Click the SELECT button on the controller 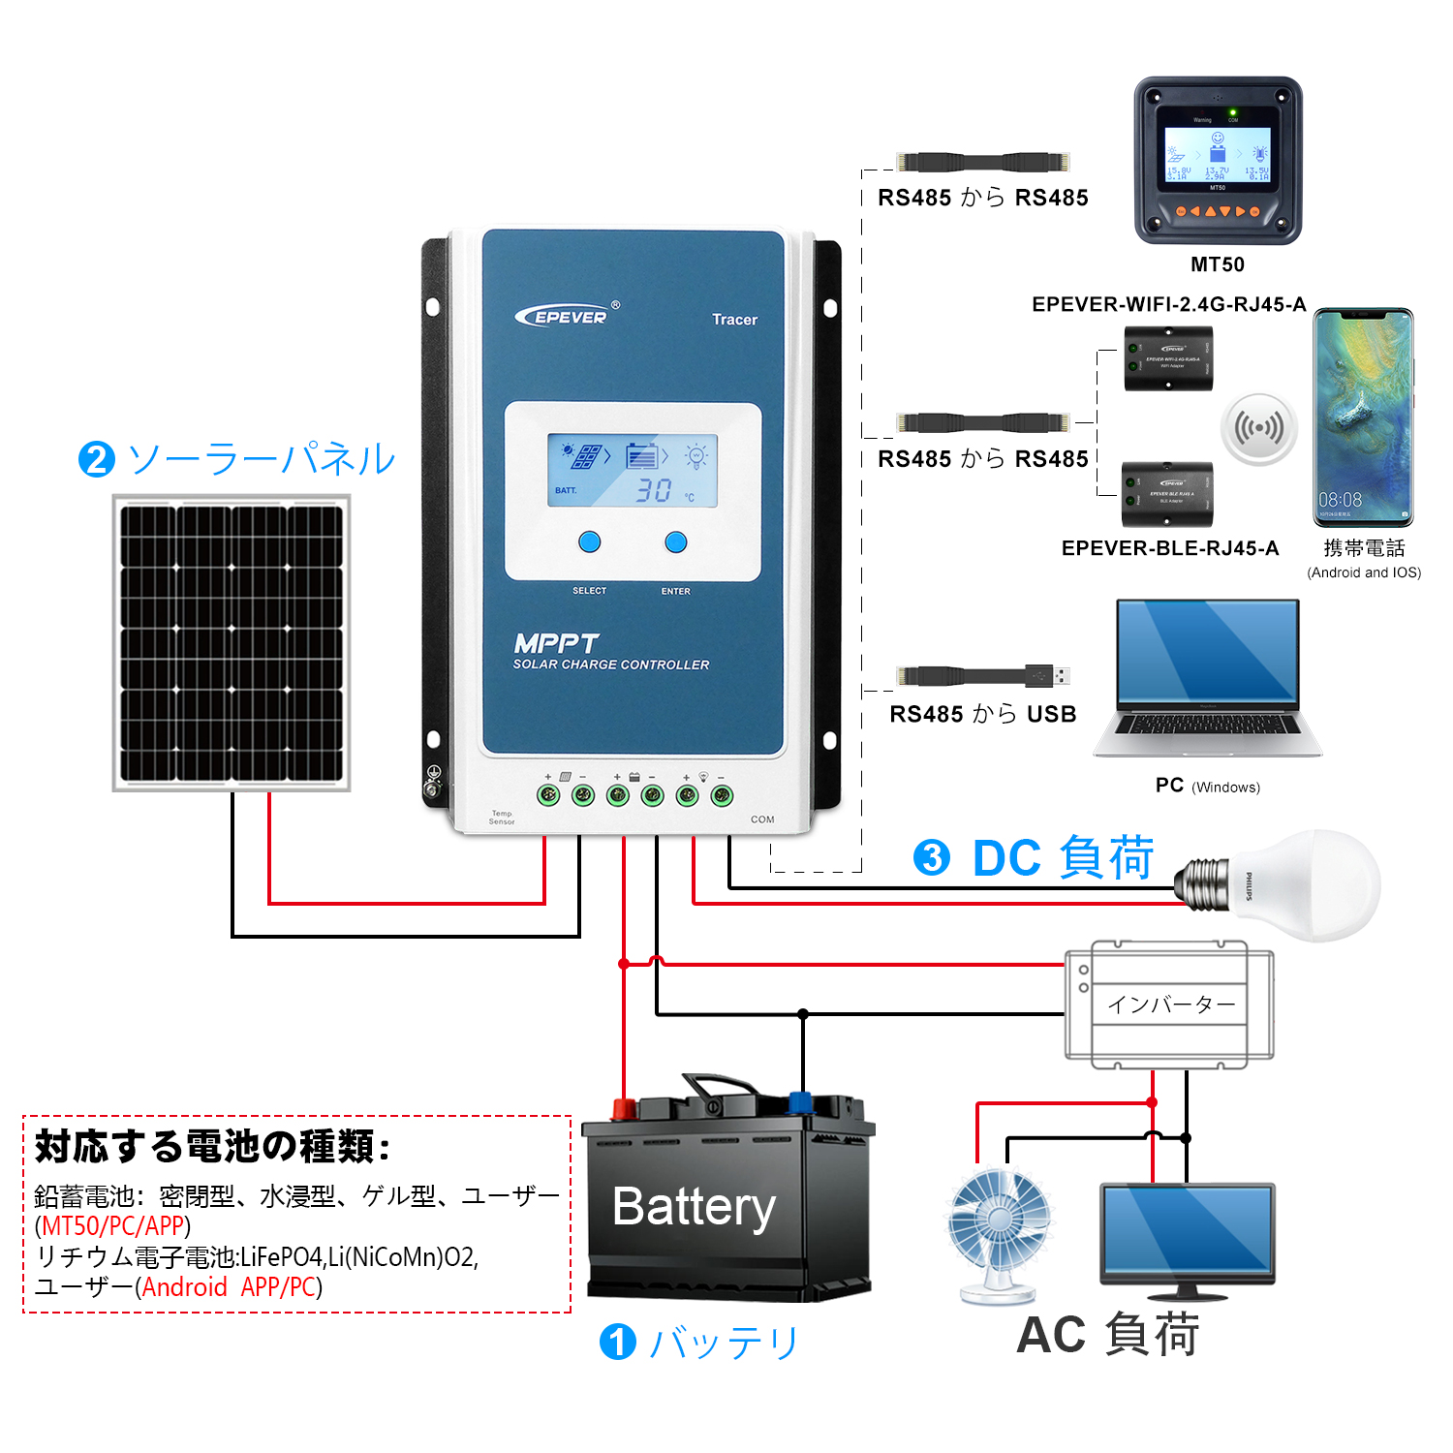coord(589,541)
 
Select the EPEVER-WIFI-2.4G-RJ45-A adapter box coord(1168,358)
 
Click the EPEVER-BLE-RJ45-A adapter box coord(1167,494)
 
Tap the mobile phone coord(1363,417)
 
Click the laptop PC coord(1207,678)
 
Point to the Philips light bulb coord(1288,884)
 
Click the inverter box coord(1169,1005)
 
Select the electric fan coord(999,1231)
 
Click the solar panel coord(232,642)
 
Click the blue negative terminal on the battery coord(800,1102)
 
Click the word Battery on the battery coord(694,1207)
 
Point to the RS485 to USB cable coord(982,675)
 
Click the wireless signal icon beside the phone coord(1258,428)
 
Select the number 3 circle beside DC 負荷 coord(932,857)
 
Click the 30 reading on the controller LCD coord(653,490)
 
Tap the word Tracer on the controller coord(734,320)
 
